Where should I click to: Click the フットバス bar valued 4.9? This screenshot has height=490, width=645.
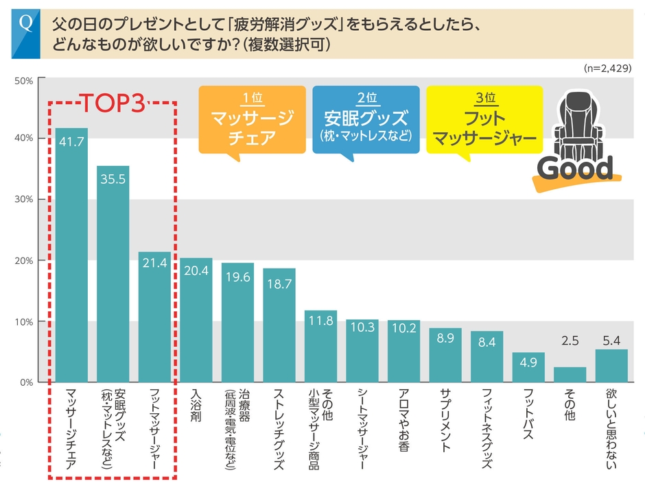pyautogui.click(x=528, y=367)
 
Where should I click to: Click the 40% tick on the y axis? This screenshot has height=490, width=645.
pyautogui.click(x=24, y=138)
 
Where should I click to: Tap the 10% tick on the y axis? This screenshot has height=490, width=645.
pyautogui.click(x=24, y=321)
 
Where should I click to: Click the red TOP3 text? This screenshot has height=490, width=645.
pyautogui.click(x=113, y=103)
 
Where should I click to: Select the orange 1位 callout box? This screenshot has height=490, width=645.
pyautogui.click(x=252, y=120)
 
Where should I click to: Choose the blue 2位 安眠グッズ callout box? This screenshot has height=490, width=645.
pyautogui.click(x=365, y=120)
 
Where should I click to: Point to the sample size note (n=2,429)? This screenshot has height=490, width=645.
pyautogui.click(x=607, y=69)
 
